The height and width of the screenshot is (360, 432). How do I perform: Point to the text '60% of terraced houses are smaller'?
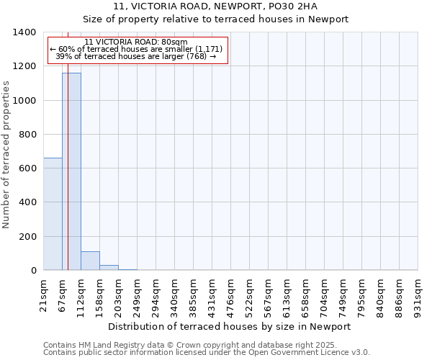point(136,49)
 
